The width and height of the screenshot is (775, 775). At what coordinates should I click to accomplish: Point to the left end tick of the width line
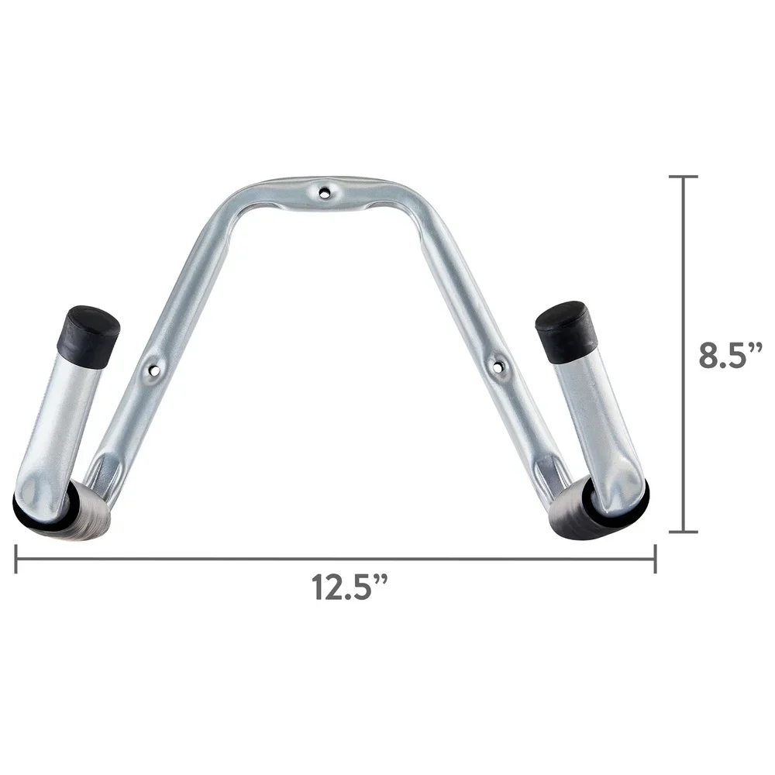[x=15, y=558]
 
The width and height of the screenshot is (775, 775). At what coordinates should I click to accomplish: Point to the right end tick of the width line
[x=656, y=558]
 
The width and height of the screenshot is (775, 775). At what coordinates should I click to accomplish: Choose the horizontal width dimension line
[x=232, y=559]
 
